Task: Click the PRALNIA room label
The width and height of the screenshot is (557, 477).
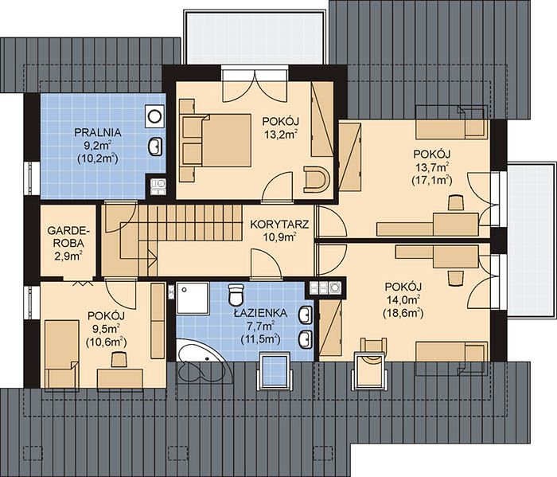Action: click(x=98, y=132)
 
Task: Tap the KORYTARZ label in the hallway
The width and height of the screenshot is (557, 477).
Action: click(x=279, y=225)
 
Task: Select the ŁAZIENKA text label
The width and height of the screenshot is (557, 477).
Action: click(x=260, y=313)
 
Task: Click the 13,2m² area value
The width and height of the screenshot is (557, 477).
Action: click(x=281, y=135)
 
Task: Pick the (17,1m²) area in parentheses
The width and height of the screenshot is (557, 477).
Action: click(x=431, y=180)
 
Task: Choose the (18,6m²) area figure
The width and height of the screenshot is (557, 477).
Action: click(x=403, y=313)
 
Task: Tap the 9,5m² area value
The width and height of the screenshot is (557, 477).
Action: click(x=106, y=328)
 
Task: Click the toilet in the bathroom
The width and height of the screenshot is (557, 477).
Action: click(x=236, y=295)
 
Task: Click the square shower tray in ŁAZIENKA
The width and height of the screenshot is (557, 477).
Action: click(x=193, y=298)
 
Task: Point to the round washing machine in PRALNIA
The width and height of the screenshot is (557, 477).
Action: click(x=154, y=116)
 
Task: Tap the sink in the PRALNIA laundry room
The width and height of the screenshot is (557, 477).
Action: click(x=155, y=147)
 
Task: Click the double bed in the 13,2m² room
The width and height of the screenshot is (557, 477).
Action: click(x=216, y=139)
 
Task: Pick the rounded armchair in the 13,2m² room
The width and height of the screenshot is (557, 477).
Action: click(x=316, y=179)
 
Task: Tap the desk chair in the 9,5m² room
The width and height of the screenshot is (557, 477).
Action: click(x=119, y=359)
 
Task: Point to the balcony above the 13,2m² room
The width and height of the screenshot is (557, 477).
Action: click(x=255, y=37)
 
